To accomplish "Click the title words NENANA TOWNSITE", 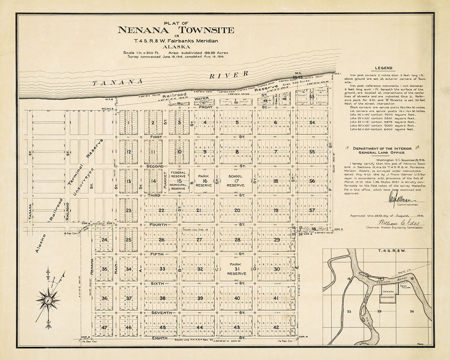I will (x=176, y=30).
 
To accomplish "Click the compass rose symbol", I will (x=48, y=300).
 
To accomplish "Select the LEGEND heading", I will (x=383, y=68).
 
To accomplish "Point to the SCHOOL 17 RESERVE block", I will (x=235, y=181).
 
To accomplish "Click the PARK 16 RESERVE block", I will (x=204, y=181).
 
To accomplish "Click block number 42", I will (x=276, y=327).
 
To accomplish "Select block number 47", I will (x=105, y=327).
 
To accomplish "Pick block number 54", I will (x=312, y=122).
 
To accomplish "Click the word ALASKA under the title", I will (x=176, y=47).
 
